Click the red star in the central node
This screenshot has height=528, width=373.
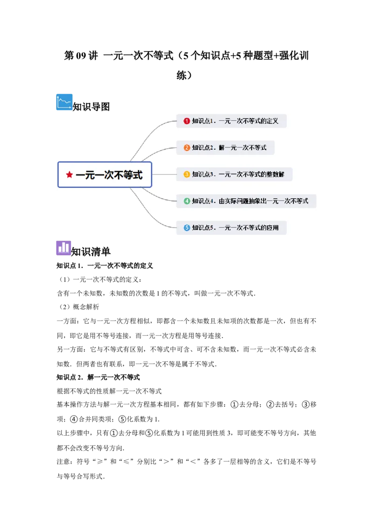point(69,175)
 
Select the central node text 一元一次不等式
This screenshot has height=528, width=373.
point(109,175)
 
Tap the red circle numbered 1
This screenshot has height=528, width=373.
point(187,121)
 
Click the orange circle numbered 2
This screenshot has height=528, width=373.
point(187,148)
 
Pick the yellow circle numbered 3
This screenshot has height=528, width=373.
point(187,174)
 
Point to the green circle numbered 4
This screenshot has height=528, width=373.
point(187,201)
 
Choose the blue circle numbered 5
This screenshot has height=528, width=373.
point(187,228)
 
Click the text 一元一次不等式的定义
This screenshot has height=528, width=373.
point(249,121)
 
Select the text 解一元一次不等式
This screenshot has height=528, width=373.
point(242,148)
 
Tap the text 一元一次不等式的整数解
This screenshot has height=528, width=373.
point(252,174)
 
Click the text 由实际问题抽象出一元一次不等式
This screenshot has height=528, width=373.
point(263,201)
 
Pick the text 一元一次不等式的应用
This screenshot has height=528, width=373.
point(249,228)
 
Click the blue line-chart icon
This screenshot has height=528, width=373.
point(64,102)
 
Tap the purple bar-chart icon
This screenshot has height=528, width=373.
point(64,248)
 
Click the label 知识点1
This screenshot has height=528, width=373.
point(202,121)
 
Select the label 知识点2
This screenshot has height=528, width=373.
point(202,148)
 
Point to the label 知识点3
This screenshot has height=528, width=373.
point(202,174)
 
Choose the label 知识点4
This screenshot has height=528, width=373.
point(202,201)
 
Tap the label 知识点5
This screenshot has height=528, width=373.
point(202,228)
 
